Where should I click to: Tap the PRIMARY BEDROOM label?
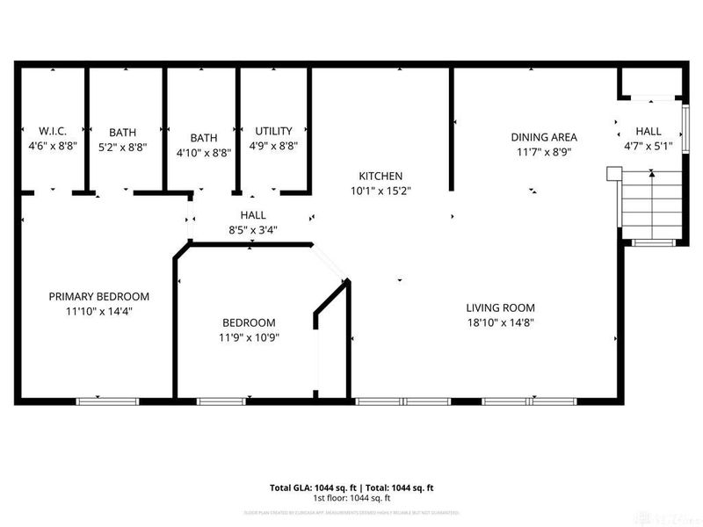[98, 296]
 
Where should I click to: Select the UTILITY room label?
[273, 131]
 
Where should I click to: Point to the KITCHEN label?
[380, 176]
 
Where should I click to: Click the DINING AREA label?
[544, 136]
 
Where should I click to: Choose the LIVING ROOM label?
[500, 307]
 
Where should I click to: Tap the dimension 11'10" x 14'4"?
[98, 310]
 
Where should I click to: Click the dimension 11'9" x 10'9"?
[249, 337]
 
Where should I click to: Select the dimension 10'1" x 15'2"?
[380, 190]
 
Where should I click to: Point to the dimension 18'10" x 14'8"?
[500, 322]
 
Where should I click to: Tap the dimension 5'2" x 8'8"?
[122, 148]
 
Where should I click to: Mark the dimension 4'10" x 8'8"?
[204, 152]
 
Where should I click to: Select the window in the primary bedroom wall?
[107, 401]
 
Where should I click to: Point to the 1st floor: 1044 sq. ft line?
[351, 497]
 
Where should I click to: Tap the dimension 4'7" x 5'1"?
[649, 147]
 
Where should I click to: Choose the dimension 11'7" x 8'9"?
[544, 151]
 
